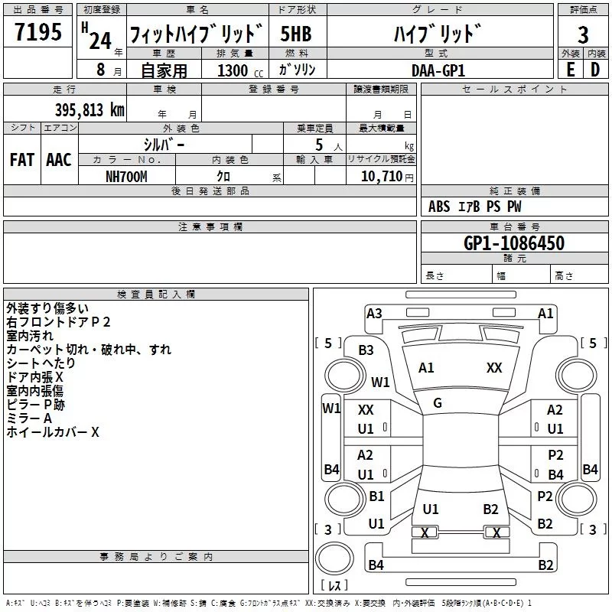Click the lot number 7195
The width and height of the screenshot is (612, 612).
(x=38, y=31)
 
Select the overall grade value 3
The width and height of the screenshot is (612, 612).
(x=583, y=34)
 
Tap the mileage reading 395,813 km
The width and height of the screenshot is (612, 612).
(x=90, y=110)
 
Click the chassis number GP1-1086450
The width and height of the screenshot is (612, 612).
(x=514, y=243)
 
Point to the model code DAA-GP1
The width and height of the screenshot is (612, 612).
(x=438, y=70)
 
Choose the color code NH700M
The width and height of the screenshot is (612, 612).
(x=126, y=177)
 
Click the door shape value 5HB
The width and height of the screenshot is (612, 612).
(x=296, y=34)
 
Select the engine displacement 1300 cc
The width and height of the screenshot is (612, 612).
(x=240, y=70)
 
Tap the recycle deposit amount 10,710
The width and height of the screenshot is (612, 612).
(x=382, y=177)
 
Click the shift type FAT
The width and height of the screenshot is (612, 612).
(x=22, y=160)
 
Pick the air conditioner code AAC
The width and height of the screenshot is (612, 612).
(x=59, y=160)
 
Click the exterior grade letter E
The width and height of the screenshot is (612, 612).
(x=570, y=70)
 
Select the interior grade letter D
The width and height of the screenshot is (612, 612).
(x=595, y=70)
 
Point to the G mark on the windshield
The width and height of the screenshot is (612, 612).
(x=438, y=403)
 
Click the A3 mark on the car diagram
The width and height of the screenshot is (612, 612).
(x=374, y=314)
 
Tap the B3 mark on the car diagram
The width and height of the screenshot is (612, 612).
(x=366, y=350)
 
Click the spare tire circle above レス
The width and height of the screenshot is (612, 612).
(x=334, y=558)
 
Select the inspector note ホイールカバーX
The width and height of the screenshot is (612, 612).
(x=53, y=432)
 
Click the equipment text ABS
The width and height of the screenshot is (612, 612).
(x=439, y=207)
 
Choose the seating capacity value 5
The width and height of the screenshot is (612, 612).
(x=319, y=145)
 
